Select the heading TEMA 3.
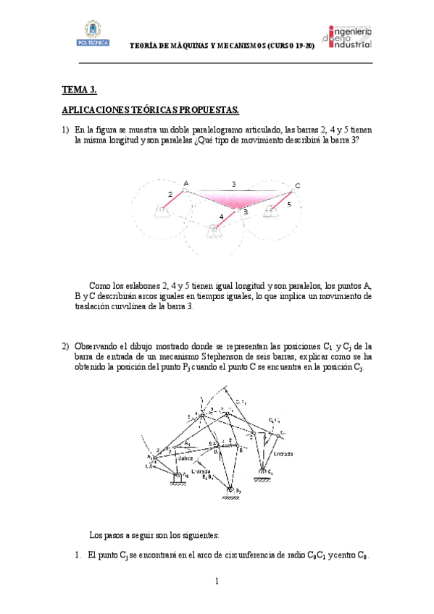[x=79, y=90]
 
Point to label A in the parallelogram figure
[x=186, y=183]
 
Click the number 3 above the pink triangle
[x=233, y=185]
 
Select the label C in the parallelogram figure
[x=297, y=187]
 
